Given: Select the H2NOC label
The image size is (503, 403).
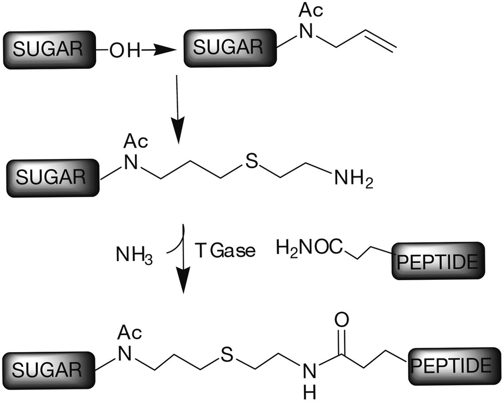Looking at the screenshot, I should tap(310, 248).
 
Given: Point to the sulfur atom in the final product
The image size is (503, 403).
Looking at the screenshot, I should tap(226, 356).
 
